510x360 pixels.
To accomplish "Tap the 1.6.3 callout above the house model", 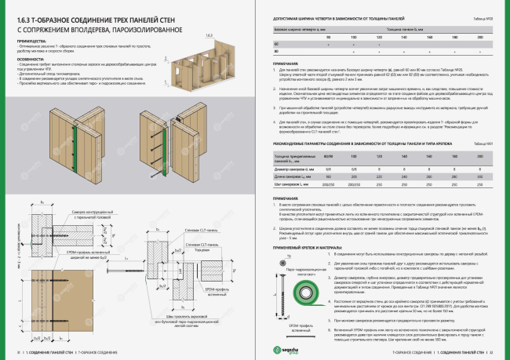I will tap(209, 36).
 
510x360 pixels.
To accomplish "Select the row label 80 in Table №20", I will tap(275, 51).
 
